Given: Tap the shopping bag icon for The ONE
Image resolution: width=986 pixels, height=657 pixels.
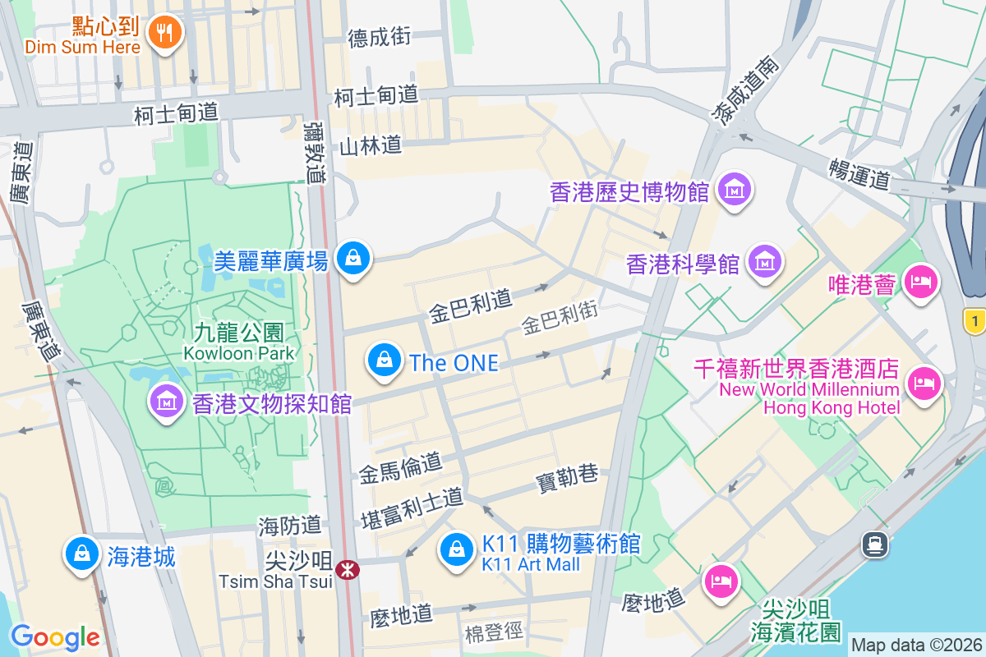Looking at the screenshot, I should click(384, 360).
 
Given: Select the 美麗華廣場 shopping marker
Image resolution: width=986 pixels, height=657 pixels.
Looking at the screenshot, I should click(353, 259).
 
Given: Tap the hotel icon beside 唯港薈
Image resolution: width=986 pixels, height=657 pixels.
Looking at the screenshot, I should click(920, 283).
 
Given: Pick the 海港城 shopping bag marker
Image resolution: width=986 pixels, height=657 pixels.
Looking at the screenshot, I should click(81, 554).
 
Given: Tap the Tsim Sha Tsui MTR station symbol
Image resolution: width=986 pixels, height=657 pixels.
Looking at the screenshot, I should click(348, 568).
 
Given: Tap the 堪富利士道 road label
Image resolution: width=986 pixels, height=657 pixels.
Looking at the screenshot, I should click(412, 508).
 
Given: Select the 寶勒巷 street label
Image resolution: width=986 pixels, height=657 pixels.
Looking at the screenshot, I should click(567, 477).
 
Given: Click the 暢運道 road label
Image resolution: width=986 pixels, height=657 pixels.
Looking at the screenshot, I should click(859, 173).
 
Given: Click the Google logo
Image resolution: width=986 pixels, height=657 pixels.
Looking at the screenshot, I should click(55, 636).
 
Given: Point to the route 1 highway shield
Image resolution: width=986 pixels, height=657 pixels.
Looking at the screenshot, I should click(974, 321).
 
